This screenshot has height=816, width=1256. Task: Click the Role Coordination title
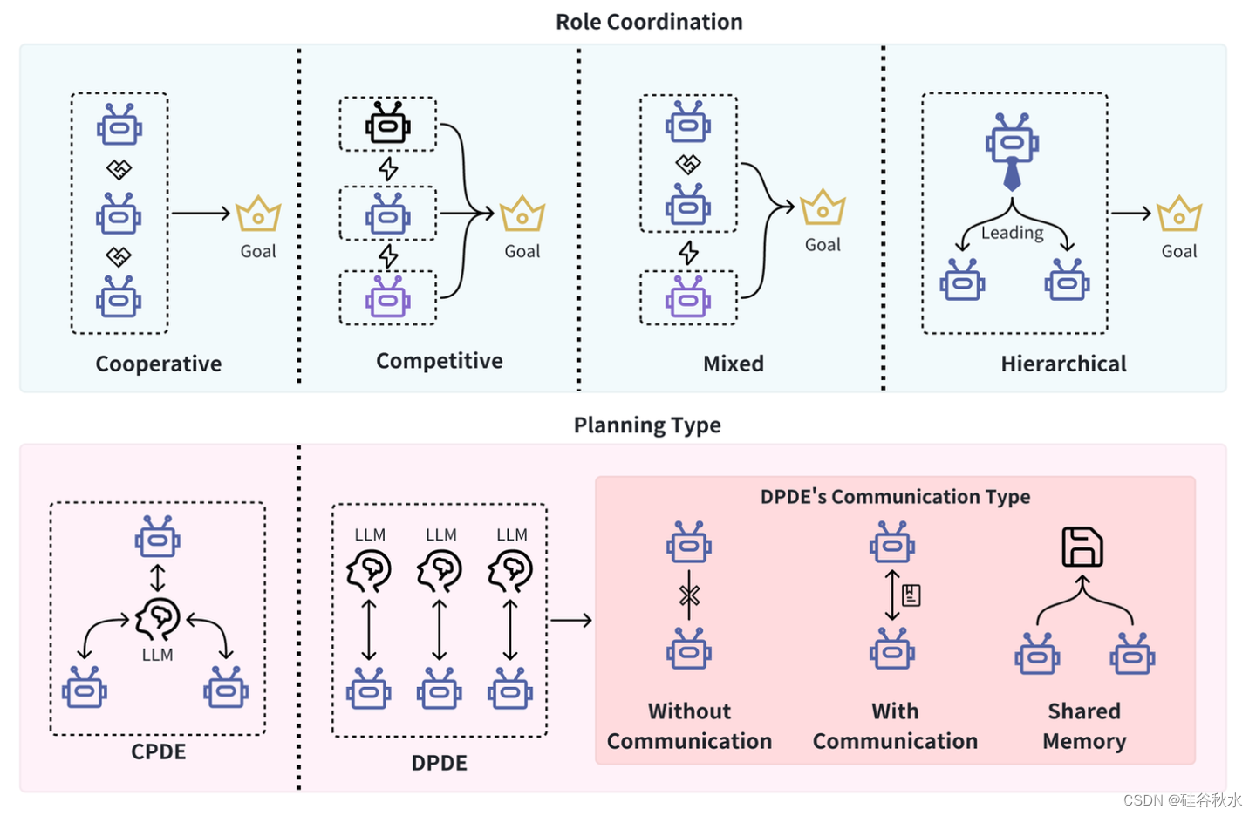point(649,22)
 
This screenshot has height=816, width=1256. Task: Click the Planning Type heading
point(647,425)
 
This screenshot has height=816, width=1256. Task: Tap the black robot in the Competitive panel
point(387,124)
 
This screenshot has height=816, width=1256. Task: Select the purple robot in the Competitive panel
point(387,298)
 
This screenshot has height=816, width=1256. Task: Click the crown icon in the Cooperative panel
point(258,214)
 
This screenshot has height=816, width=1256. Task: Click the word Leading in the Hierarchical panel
point(1012,233)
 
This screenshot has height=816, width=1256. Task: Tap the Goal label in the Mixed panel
point(823,245)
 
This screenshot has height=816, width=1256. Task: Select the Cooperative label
point(159,364)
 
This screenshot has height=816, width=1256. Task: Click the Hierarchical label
point(1063,364)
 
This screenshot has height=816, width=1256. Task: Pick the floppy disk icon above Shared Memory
point(1082,547)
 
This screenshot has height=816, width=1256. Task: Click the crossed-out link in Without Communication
point(689,596)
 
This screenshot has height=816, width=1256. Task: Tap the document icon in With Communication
point(911,595)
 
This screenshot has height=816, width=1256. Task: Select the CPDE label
point(159,751)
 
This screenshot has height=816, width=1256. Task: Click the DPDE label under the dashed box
point(439,763)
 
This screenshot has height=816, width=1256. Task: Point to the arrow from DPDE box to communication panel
point(571,620)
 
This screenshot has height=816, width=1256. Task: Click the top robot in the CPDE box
point(157,537)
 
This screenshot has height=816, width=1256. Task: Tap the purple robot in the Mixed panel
point(688,298)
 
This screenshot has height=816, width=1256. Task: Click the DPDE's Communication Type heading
point(895,497)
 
